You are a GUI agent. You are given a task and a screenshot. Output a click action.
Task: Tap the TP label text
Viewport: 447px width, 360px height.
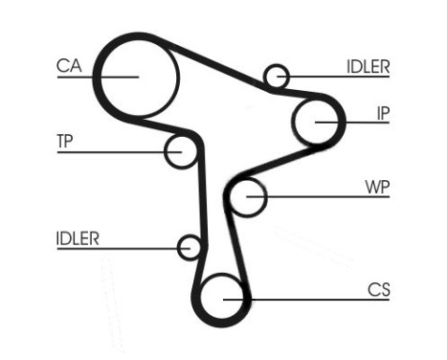(65, 142)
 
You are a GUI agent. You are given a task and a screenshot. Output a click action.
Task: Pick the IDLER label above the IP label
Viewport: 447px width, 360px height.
(368, 66)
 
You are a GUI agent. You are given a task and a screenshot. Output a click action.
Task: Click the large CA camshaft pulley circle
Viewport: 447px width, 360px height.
(140, 76)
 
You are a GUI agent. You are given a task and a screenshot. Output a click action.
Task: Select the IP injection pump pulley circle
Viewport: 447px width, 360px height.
(317, 122)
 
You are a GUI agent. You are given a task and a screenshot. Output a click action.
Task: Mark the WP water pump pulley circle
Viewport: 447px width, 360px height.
(248, 197)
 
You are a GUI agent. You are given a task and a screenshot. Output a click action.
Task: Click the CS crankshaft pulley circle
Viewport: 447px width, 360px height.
(223, 298)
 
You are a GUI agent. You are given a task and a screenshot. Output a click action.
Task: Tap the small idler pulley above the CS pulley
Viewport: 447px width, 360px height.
(190, 248)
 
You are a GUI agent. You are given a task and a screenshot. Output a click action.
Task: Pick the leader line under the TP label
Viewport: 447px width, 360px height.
(115, 151)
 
